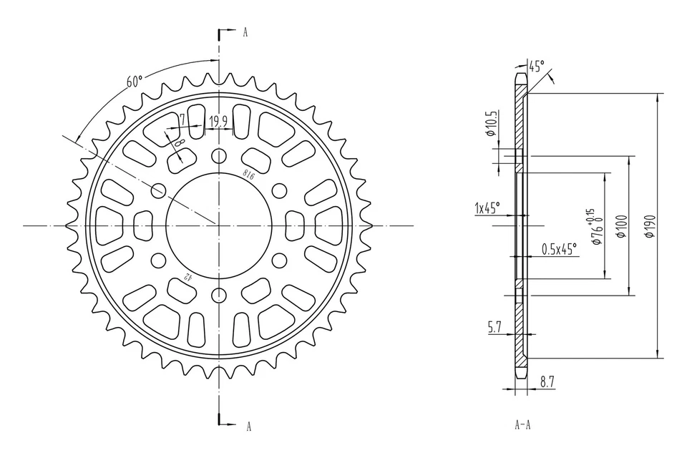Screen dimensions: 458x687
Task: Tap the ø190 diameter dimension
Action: tap(648, 225)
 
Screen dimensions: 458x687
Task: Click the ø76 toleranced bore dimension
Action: tap(595, 228)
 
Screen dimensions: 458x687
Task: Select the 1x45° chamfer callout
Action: tap(487, 208)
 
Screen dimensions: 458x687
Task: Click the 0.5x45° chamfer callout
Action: tap(560, 249)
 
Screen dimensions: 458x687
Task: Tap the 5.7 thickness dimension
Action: tap(494, 327)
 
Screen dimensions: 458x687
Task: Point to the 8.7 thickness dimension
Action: tap(547, 383)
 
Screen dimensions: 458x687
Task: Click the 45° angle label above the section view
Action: tap(536, 67)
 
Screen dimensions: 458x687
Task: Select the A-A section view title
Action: tap(522, 425)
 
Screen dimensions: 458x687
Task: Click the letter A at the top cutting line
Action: tap(245, 32)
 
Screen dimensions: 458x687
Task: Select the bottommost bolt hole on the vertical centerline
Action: tap(218, 294)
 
